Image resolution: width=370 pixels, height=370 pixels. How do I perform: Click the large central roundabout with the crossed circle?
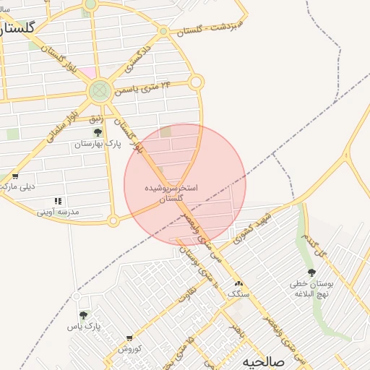100,91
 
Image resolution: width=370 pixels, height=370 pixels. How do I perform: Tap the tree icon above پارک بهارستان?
98,132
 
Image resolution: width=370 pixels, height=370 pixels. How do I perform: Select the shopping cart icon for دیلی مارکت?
14,176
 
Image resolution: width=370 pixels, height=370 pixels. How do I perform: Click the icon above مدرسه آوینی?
58,201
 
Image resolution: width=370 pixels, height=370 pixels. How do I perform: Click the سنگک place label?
237,295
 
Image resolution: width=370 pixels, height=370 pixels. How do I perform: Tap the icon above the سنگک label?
238,284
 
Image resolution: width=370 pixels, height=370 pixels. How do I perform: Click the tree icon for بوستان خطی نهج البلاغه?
311,272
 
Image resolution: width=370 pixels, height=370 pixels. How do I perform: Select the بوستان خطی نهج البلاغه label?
311,289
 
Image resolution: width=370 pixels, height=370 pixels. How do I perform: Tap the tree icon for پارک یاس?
84,315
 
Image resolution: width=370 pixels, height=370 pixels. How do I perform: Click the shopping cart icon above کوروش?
129,338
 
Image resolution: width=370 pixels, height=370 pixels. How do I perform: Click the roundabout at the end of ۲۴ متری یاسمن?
196,82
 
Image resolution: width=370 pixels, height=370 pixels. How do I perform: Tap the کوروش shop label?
129,349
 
